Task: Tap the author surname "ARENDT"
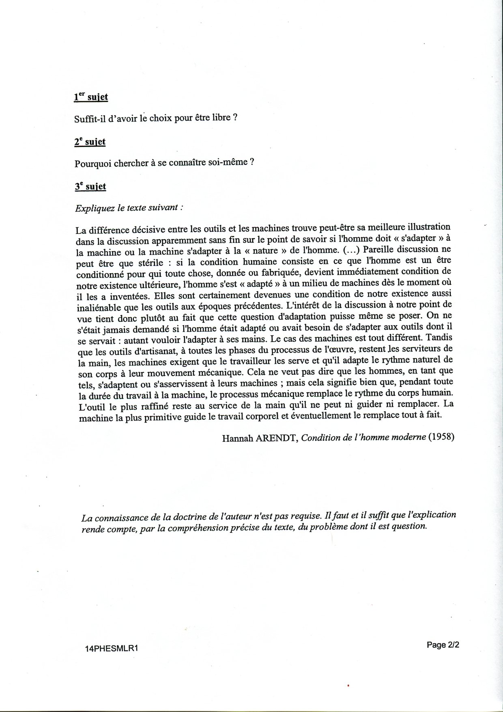tap(277, 438)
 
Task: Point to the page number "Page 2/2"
tap(443, 645)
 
